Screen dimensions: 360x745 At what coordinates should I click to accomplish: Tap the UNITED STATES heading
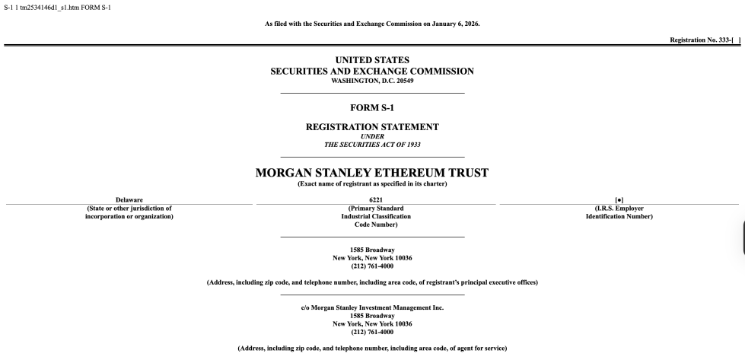point(372,59)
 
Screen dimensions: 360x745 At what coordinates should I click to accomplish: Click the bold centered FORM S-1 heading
point(372,107)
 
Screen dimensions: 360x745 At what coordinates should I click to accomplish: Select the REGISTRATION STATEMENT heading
point(372,126)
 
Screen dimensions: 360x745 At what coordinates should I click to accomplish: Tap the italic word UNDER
point(372,135)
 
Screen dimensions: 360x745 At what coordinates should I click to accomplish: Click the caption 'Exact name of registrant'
point(372,185)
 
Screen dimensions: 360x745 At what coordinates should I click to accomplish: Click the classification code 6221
point(372,200)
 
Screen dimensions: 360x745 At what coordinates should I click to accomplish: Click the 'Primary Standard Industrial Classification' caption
point(372,216)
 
